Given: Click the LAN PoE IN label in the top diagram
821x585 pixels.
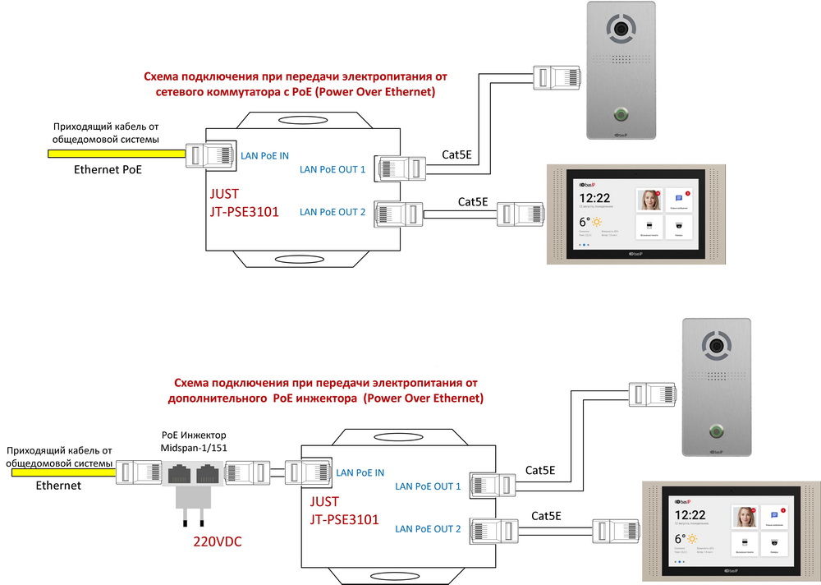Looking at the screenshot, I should coord(264,155).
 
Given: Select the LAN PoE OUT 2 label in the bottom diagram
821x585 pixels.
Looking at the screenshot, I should coord(428,528).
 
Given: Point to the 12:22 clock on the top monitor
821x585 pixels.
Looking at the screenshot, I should coord(595,197).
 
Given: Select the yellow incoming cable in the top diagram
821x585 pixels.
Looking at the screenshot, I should coord(107,153).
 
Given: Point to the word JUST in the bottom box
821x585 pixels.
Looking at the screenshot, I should coord(322,500).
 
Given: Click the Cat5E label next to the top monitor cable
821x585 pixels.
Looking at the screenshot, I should coord(473,201).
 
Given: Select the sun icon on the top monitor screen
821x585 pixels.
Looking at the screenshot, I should coord(597,223).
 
